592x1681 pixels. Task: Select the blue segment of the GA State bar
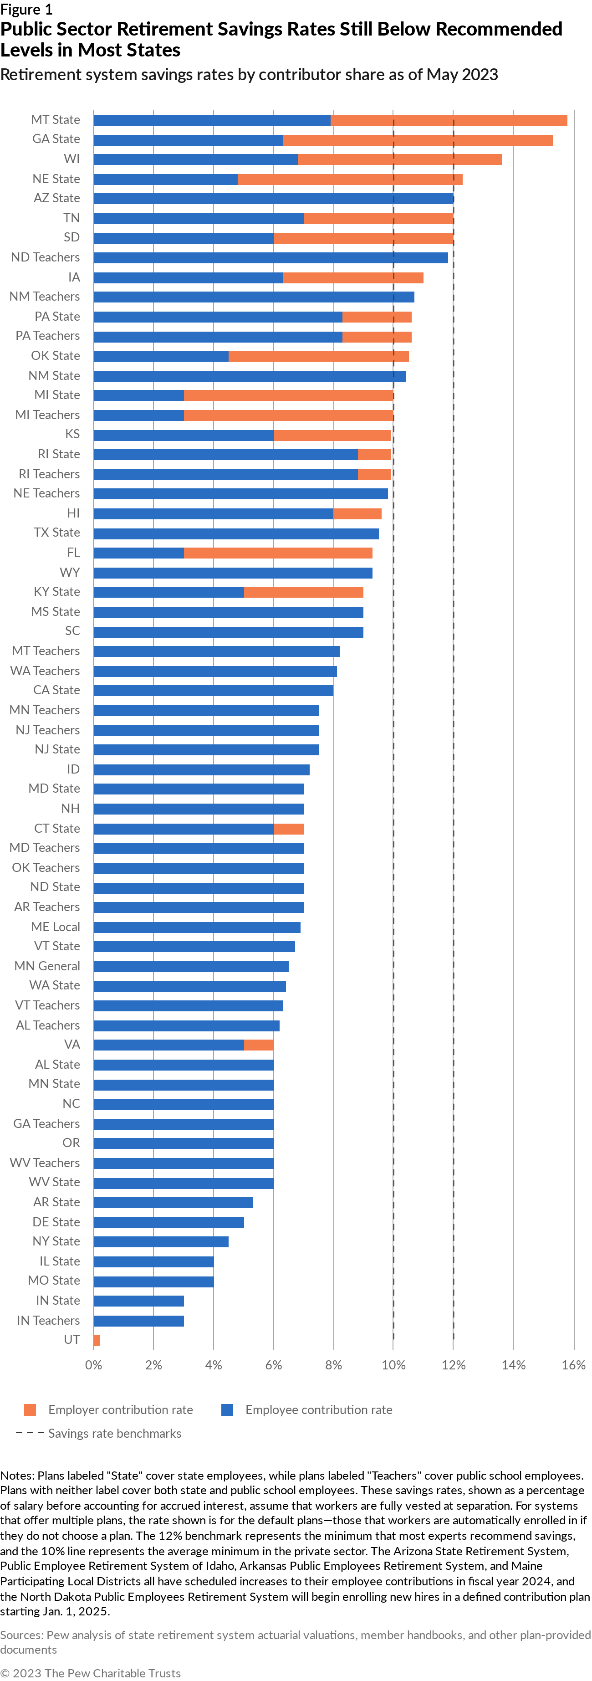click(188, 140)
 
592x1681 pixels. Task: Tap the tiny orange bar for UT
click(97, 1340)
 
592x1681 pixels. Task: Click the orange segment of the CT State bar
click(289, 829)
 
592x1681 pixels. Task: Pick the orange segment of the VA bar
click(259, 1045)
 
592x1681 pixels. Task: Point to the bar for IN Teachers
click(138, 1321)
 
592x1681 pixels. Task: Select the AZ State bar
click(273, 198)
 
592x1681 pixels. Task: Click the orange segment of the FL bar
click(278, 553)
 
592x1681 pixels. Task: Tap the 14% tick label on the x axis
click(513, 1365)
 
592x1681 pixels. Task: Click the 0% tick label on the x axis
click(93, 1365)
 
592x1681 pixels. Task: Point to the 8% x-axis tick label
click(333, 1365)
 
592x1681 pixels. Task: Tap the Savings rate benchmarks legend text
click(115, 1433)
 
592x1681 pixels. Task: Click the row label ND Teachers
click(45, 257)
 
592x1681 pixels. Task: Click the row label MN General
click(47, 966)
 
